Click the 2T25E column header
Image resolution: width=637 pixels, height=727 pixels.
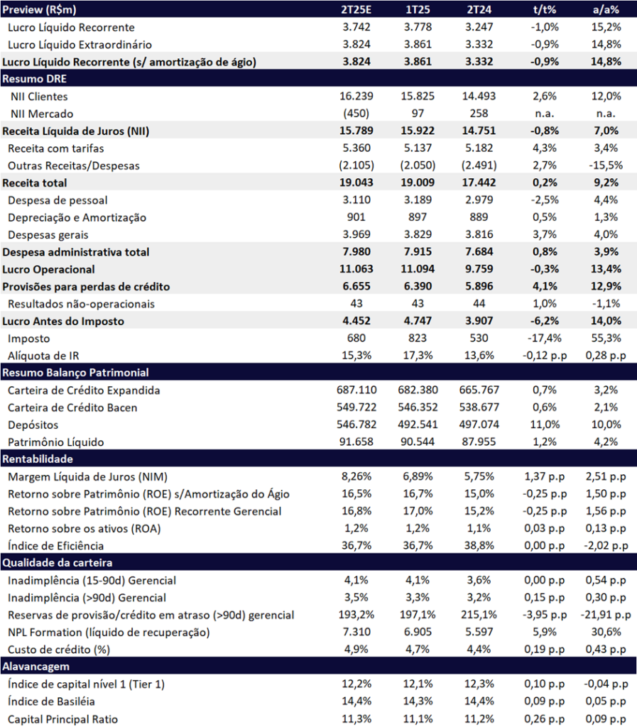click(x=356, y=9)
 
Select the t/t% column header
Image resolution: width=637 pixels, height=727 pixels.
click(x=544, y=9)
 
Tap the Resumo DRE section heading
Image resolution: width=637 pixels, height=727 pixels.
click(x=34, y=79)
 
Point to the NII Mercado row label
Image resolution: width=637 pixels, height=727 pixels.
click(x=42, y=114)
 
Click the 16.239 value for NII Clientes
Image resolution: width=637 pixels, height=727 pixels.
click(x=356, y=96)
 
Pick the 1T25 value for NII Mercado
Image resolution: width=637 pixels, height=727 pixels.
click(x=418, y=114)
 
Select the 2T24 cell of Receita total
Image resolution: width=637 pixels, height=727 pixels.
click(x=479, y=182)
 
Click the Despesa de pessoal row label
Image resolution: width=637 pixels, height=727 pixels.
click(x=58, y=200)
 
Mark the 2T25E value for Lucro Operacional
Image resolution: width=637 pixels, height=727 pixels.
click(x=356, y=269)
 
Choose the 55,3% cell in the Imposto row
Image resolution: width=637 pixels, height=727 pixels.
click(x=606, y=338)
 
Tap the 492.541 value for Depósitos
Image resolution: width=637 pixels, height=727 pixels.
click(x=418, y=425)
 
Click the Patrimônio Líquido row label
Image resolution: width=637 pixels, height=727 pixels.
click(x=55, y=442)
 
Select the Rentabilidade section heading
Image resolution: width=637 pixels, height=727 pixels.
click(x=38, y=459)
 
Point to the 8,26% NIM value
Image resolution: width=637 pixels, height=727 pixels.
click(x=356, y=476)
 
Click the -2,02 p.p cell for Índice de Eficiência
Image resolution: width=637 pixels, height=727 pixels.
click(x=606, y=546)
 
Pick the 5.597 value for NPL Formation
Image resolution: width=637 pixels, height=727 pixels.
click(x=479, y=632)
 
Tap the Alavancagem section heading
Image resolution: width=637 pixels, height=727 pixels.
click(x=35, y=667)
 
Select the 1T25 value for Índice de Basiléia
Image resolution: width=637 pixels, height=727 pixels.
click(x=418, y=701)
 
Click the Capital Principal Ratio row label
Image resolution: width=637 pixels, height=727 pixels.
click(x=62, y=719)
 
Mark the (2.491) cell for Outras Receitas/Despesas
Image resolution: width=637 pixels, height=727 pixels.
click(x=479, y=165)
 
